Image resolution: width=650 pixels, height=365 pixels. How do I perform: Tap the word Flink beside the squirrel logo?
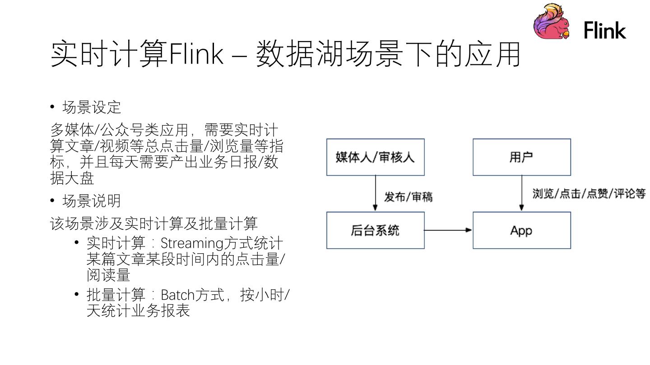(605, 31)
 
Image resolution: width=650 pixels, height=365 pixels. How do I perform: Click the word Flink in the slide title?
(195, 55)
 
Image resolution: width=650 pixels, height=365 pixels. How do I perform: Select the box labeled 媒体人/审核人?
(375, 157)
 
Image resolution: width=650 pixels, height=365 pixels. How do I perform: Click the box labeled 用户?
(521, 157)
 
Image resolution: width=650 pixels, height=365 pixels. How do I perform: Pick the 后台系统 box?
(375, 230)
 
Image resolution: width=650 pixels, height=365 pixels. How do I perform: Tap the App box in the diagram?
(521, 230)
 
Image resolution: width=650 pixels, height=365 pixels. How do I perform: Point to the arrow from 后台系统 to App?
(448, 230)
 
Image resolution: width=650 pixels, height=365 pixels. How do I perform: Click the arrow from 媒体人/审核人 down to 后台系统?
(375, 193)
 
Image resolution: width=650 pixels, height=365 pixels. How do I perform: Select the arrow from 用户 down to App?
(521, 193)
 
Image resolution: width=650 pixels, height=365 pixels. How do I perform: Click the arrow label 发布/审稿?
(408, 197)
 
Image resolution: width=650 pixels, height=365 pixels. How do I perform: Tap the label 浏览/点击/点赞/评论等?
(589, 194)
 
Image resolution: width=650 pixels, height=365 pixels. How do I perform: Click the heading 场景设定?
(92, 108)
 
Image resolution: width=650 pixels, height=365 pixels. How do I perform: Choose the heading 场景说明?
(92, 201)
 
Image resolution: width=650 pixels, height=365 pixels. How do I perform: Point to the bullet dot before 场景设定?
(53, 107)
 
